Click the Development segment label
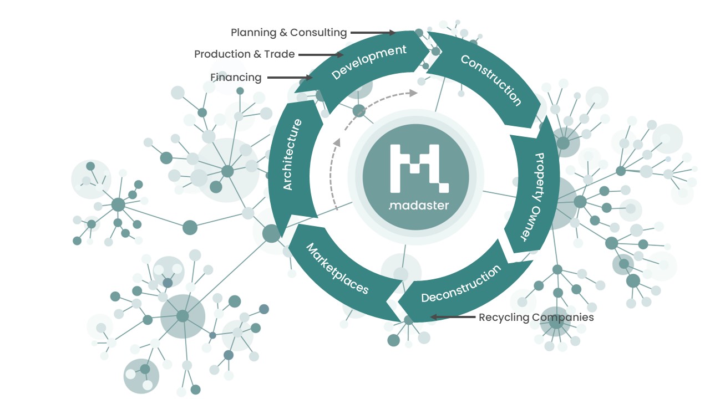(x=369, y=62)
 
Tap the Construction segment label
(x=491, y=80)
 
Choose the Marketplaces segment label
(x=337, y=268)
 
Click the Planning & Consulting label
(x=288, y=33)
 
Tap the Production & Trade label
(x=244, y=54)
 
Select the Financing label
(x=236, y=78)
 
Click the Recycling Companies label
(x=536, y=318)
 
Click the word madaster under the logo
(x=419, y=206)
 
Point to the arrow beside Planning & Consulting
(x=373, y=33)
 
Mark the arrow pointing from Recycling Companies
(x=453, y=318)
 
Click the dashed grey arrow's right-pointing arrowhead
(x=413, y=93)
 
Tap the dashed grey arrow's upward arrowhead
(x=336, y=142)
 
